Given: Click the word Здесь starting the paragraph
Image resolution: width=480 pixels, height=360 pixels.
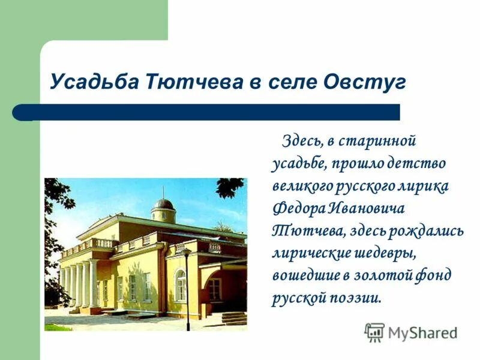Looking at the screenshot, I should (299, 142).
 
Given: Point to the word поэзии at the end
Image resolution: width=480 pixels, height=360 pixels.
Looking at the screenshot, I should (355, 297).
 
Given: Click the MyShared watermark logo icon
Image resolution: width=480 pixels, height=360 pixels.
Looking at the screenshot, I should (374, 332).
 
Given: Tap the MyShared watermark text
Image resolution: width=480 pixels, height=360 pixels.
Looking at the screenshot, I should (422, 332).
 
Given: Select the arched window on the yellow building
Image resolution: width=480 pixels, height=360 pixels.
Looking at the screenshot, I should (180, 285).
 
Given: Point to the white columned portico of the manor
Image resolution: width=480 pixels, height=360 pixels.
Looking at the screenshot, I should (79, 282).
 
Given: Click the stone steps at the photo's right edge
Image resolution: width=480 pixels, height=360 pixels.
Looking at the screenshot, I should (234, 318).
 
